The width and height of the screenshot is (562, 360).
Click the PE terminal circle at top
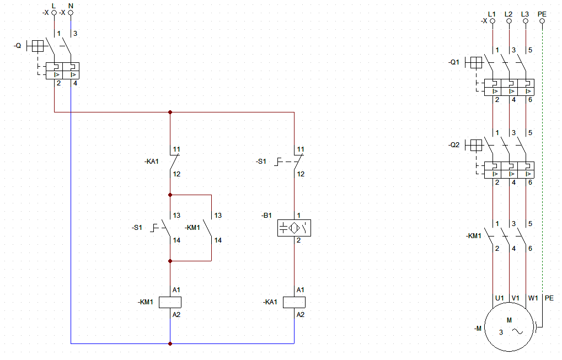click(542, 21)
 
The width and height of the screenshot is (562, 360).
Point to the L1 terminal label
click(492, 14)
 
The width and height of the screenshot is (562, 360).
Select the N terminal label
click(71, 6)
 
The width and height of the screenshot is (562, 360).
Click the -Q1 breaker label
click(453, 62)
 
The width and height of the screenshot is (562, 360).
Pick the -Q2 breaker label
click(453, 144)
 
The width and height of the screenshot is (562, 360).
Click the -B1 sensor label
click(267, 216)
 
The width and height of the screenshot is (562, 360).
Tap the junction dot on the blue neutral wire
click(170, 343)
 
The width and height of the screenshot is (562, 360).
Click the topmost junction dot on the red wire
click(170, 112)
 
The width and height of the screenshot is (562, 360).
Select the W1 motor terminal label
click(533, 298)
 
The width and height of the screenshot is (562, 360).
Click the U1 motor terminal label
click(500, 298)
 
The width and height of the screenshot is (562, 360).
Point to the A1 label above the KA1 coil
click(301, 290)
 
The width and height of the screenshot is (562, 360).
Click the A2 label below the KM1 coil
click(176, 314)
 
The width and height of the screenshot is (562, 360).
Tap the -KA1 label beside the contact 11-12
click(152, 161)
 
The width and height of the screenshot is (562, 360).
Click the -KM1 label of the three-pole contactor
click(473, 236)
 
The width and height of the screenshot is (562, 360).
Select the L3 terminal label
click(525, 14)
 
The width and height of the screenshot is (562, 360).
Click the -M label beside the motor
click(478, 328)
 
